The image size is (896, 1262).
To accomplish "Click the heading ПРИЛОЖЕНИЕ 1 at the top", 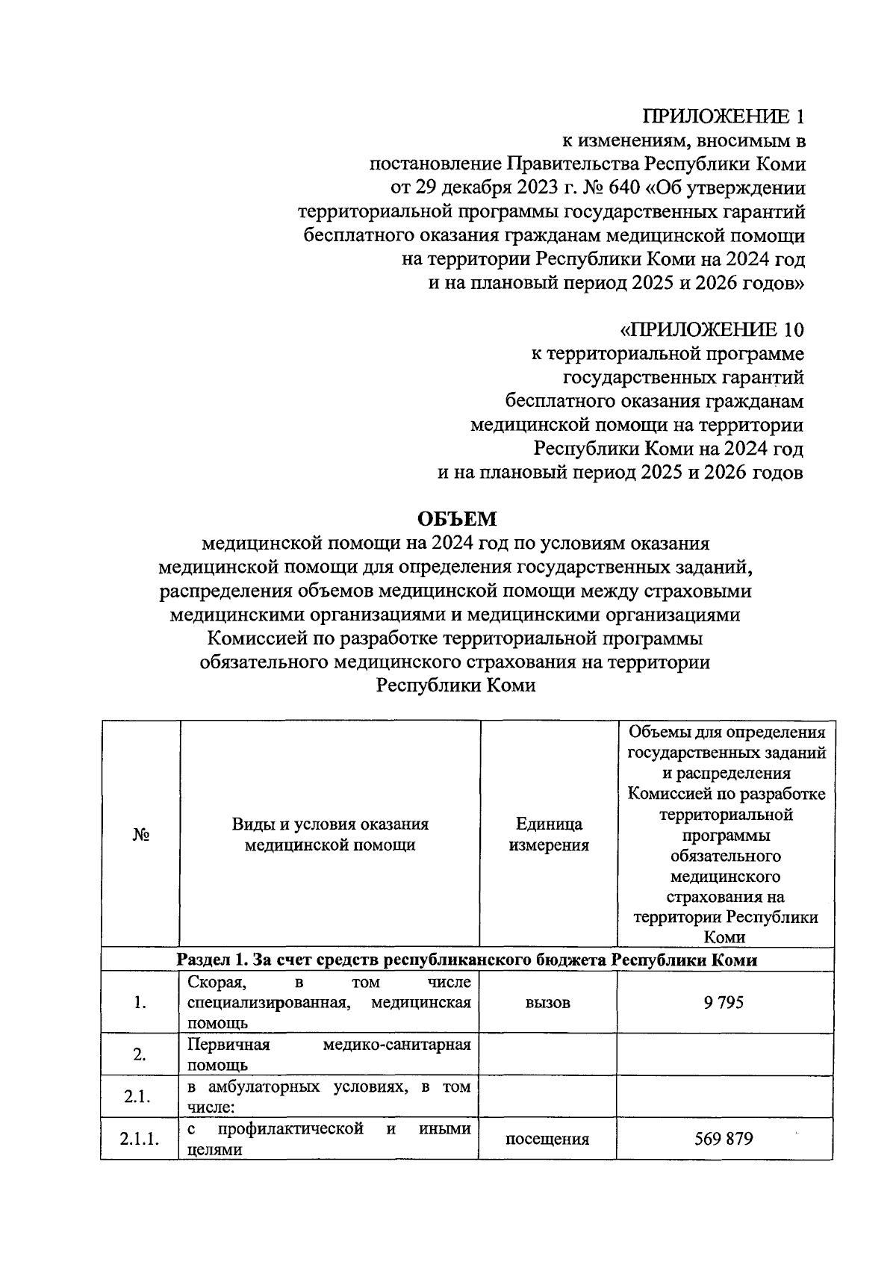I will tap(724, 116).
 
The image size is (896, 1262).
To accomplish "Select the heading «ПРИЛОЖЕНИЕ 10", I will tap(712, 329).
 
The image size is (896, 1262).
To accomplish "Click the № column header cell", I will tap(141, 834).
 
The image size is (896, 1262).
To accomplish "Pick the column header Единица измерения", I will tap(549, 834).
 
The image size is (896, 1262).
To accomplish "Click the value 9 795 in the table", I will tap(723, 1002).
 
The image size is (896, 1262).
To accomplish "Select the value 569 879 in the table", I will tap(723, 1139).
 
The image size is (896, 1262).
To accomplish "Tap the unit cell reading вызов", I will tap(548, 1003).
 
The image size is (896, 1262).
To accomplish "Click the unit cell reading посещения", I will tap(547, 1140).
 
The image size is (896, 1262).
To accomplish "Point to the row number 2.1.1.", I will tap(140, 1140).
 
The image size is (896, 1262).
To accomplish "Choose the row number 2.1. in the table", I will tap(139, 1097).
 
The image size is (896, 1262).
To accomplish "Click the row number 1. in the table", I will tap(140, 1003).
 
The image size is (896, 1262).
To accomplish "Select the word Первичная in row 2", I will tap(228, 1045).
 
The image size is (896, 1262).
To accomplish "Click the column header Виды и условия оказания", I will tap(330, 824).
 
